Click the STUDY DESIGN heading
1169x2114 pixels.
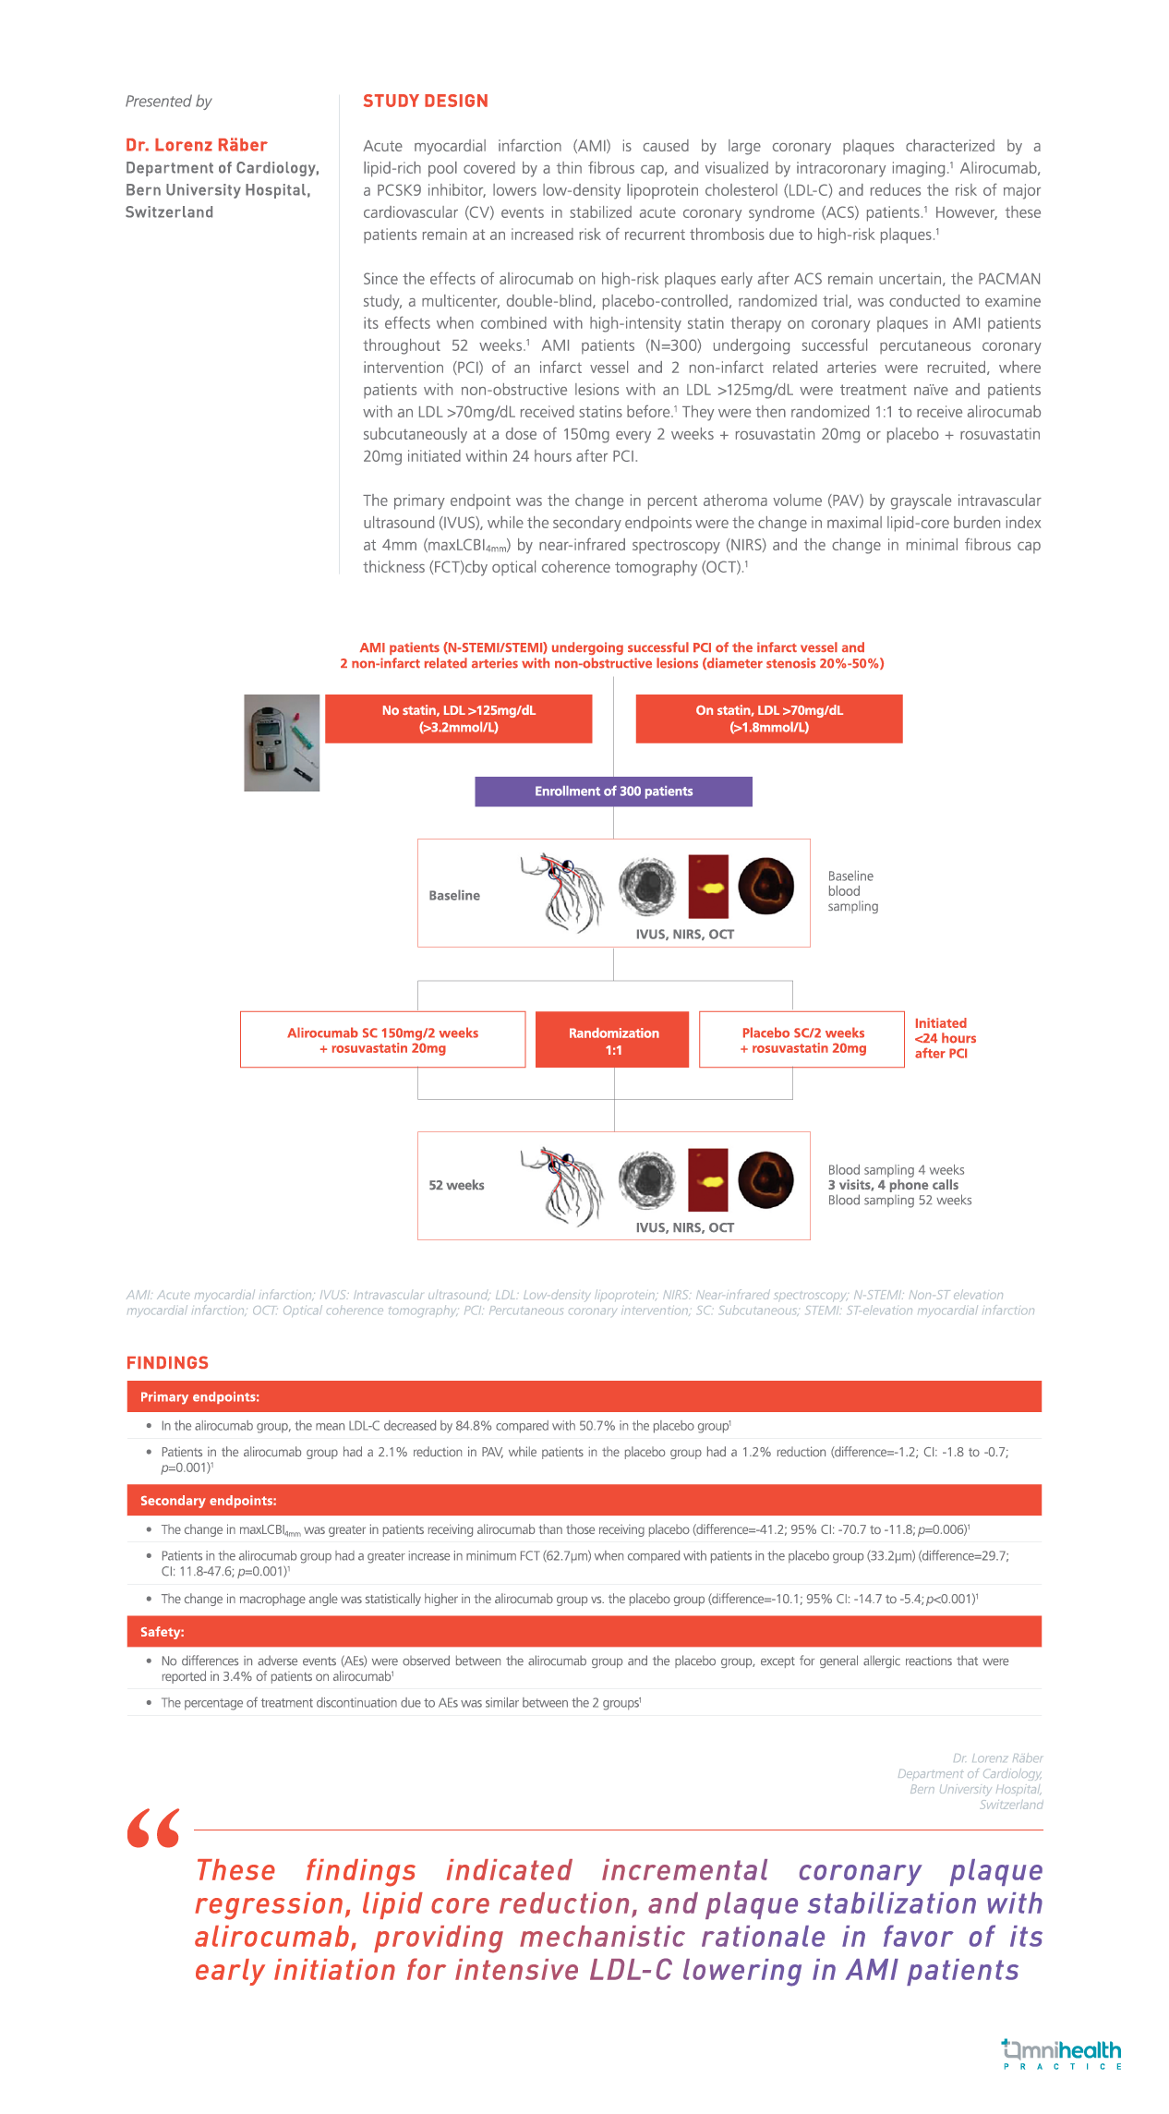coord(425,102)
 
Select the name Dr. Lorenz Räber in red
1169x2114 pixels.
coord(196,145)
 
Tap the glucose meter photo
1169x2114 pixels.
coord(282,743)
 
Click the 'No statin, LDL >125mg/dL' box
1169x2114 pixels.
coord(458,719)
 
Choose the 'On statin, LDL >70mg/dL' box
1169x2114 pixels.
coord(768,719)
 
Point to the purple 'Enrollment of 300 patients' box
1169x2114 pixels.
coord(613,791)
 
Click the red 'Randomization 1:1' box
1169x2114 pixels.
coord(613,1041)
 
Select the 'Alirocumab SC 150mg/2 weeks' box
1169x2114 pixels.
coord(382,1040)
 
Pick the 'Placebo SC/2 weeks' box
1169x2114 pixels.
coord(802,1040)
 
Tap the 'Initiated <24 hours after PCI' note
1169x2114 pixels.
coord(944,1038)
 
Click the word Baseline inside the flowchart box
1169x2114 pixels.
coord(454,896)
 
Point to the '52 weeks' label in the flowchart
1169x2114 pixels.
coord(456,1186)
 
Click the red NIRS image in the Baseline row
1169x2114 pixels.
coord(708,887)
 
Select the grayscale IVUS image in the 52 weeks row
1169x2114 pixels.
coord(646,1180)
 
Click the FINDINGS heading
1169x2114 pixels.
coord(167,1363)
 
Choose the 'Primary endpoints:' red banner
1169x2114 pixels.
coord(584,1397)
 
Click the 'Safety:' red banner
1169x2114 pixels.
coord(584,1632)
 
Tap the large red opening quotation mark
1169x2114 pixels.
coord(153,1829)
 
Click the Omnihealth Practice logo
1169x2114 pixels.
coord(1062,2054)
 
